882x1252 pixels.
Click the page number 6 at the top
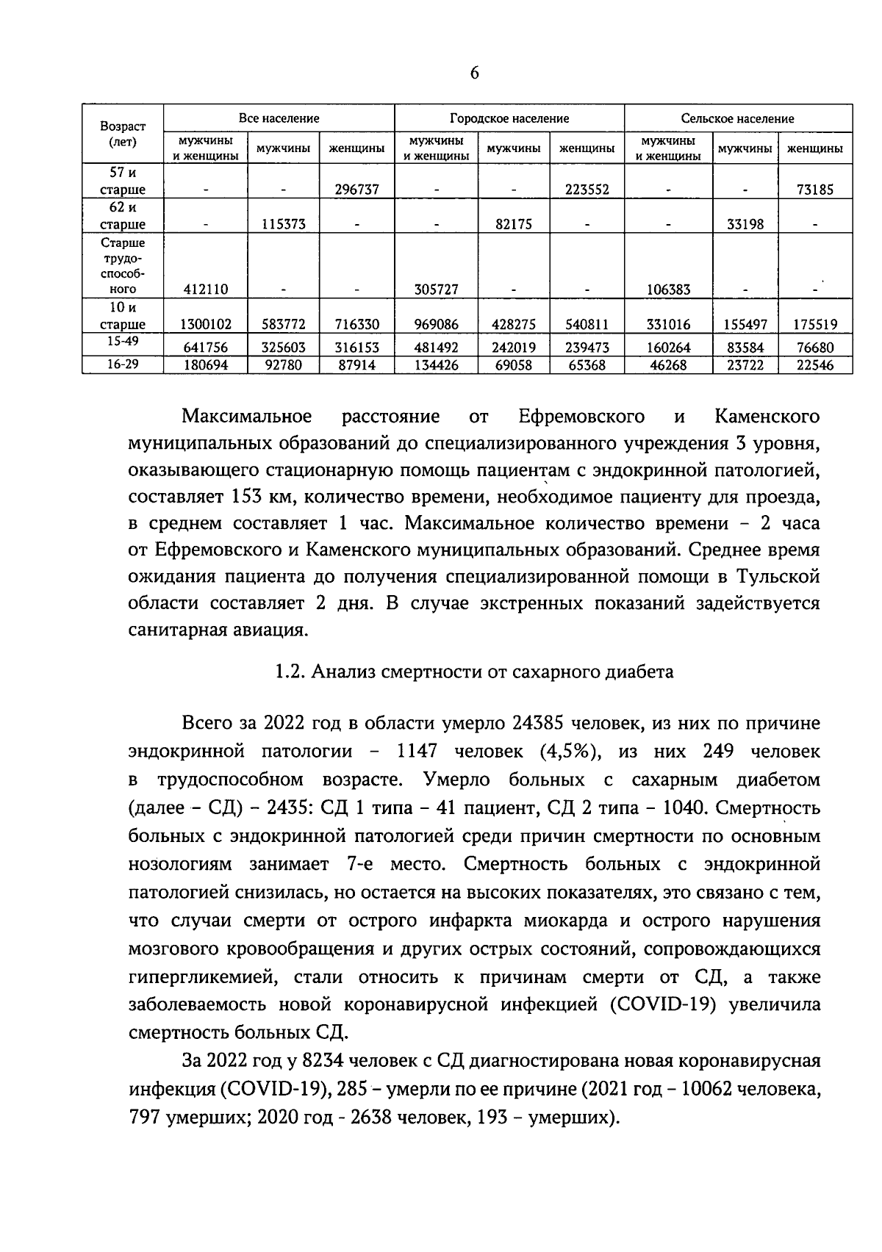point(473,73)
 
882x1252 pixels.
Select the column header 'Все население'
point(279,118)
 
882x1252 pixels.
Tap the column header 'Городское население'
point(509,118)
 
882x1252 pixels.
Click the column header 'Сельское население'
point(737,118)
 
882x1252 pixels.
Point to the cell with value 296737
point(356,190)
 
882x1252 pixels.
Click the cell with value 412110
point(206,289)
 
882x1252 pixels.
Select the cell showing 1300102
point(206,324)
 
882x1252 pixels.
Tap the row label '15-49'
point(123,342)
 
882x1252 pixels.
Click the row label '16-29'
point(123,364)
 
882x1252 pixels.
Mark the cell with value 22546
point(815,365)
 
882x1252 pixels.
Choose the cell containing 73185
point(815,190)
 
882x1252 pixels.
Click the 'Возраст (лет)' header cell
point(123,134)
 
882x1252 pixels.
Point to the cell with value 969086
point(437,324)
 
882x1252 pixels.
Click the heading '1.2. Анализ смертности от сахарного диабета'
point(473,672)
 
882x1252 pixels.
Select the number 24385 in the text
point(536,724)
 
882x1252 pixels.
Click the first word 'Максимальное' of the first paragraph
point(247,417)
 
